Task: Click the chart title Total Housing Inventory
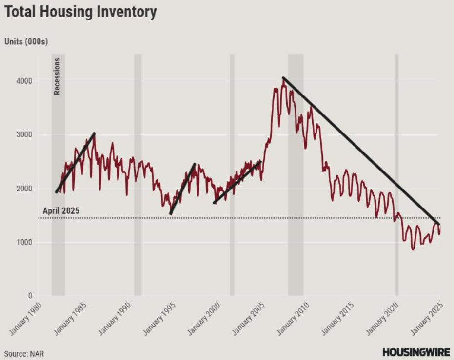pyautogui.click(x=80, y=12)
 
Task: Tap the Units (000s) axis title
pyautogui.click(x=26, y=42)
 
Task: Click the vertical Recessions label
pyautogui.click(x=57, y=76)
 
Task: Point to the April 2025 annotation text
pyautogui.click(x=61, y=211)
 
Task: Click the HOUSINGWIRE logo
pyautogui.click(x=415, y=352)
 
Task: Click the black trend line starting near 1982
pyautogui.click(x=76, y=162)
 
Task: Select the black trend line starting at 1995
pyautogui.click(x=182, y=189)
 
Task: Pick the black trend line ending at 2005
pyautogui.click(x=237, y=182)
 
